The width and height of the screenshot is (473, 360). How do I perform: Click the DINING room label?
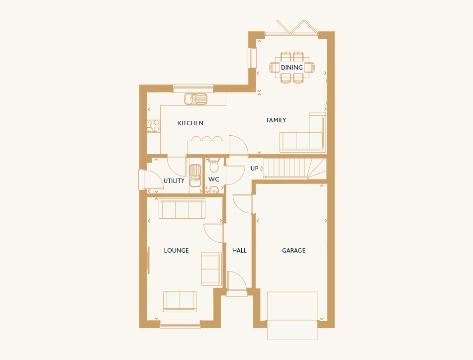click(291, 68)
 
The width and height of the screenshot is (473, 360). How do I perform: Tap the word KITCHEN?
click(190, 123)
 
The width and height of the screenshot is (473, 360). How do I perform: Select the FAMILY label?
click(276, 120)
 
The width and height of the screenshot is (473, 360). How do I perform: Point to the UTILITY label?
click(174, 180)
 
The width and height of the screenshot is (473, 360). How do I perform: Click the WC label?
click(213, 180)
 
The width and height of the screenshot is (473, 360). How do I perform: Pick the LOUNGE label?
click(176, 250)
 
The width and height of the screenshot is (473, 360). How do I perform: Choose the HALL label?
click(239, 250)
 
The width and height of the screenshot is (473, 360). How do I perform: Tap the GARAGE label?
click(293, 250)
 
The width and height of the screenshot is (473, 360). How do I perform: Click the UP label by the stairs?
click(254, 168)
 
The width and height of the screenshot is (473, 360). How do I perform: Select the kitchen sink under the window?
click(196, 99)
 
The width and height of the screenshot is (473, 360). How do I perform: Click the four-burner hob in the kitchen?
click(153, 126)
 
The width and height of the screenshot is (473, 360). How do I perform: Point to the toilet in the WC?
click(214, 165)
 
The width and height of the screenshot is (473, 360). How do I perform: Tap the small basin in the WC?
click(214, 190)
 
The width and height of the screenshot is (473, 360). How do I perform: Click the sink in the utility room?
click(195, 176)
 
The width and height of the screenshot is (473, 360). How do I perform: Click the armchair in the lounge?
click(211, 269)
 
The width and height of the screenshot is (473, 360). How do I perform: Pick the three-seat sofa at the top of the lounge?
click(182, 208)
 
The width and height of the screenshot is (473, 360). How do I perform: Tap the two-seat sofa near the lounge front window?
click(180, 301)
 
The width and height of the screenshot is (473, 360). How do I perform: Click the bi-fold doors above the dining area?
click(297, 27)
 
